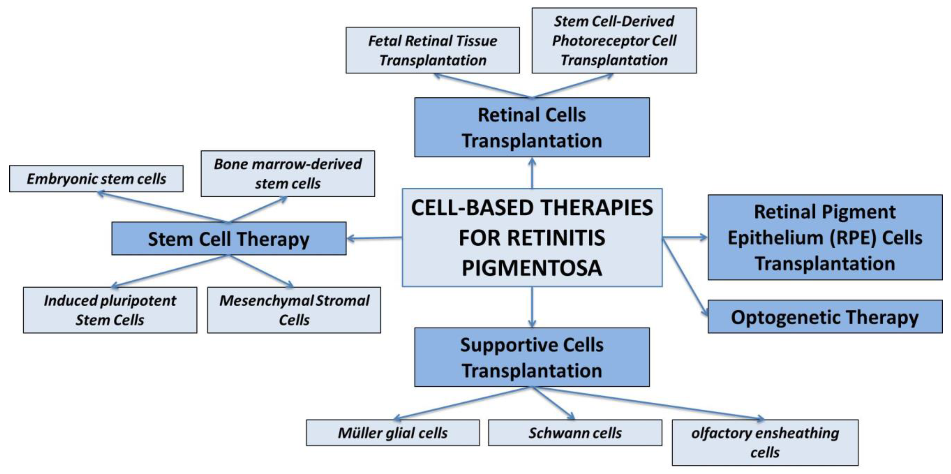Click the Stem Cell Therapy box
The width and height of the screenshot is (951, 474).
coord(229,239)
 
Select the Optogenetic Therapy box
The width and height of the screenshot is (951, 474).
coord(825,317)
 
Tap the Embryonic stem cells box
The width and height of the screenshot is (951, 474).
coord(96,179)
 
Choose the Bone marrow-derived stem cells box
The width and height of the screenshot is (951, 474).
coord(288,174)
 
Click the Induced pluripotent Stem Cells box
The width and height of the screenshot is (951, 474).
coord(110,310)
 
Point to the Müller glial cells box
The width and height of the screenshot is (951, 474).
coord(393,433)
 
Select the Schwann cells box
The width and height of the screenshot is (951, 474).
coord(575,433)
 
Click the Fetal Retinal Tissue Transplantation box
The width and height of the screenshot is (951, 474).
coord(433,50)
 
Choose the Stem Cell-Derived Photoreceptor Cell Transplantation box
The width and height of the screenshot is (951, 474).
coord(614,41)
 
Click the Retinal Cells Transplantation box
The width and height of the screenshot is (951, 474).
coord(532,127)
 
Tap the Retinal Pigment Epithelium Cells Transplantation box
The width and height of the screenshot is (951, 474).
coord(825,237)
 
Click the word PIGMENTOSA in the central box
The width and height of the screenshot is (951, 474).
coord(532,268)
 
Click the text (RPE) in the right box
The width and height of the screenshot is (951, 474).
coord(853,237)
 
